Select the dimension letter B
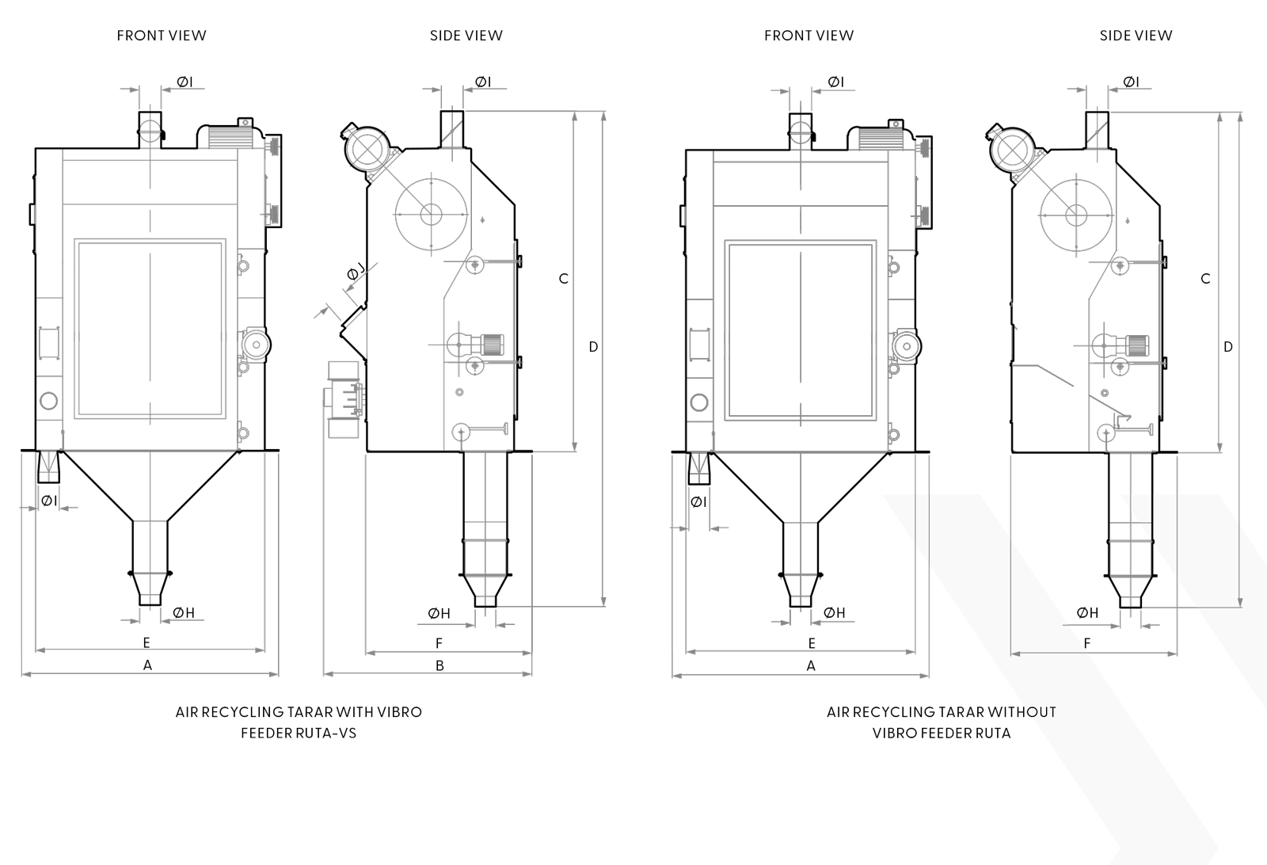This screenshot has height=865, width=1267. (x=439, y=666)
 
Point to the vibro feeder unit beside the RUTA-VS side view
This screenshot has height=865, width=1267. (x=344, y=399)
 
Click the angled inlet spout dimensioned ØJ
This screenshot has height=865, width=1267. (x=353, y=331)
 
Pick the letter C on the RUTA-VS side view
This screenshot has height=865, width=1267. (x=563, y=278)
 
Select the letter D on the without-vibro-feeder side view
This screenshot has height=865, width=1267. (x=1228, y=347)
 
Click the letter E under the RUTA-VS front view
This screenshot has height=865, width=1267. (x=146, y=642)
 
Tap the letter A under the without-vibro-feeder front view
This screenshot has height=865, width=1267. (x=811, y=666)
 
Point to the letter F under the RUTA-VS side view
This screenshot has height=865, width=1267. (x=439, y=643)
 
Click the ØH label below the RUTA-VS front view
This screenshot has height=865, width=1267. (x=184, y=612)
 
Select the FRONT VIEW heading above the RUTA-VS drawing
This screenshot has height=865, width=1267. (x=162, y=36)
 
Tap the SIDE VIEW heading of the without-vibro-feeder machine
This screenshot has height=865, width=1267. (x=1136, y=36)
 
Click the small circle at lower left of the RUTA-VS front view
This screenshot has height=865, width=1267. (x=49, y=401)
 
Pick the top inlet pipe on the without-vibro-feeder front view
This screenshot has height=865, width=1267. (x=801, y=131)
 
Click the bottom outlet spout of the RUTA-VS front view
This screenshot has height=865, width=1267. (x=150, y=589)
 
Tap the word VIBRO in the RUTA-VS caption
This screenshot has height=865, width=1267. (x=400, y=711)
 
